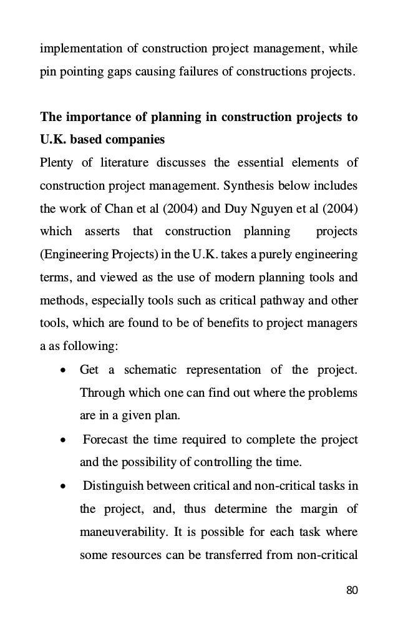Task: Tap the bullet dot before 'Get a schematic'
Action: pyautogui.click(x=63, y=371)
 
